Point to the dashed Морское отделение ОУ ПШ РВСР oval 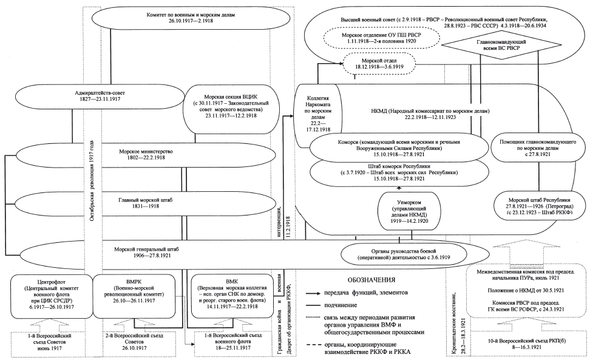pyautogui.click(x=385, y=40)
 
